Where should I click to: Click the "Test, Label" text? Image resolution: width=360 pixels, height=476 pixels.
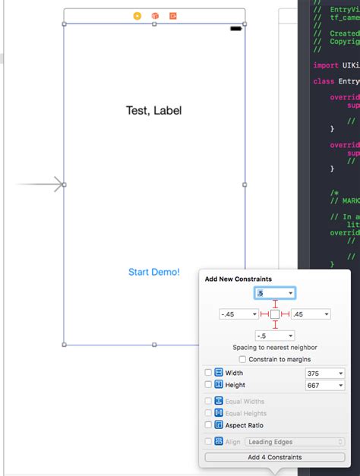pos(153,111)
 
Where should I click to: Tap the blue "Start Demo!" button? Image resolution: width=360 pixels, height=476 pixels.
pos(154,272)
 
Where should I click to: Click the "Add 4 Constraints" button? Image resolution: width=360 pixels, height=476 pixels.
pos(274,457)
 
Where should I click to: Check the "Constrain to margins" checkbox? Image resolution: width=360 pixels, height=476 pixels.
pos(242,359)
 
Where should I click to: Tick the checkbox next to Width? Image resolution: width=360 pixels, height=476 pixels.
pos(208,373)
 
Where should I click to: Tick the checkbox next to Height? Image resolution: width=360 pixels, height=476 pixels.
pos(208,386)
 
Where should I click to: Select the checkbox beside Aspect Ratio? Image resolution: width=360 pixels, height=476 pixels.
pos(208,426)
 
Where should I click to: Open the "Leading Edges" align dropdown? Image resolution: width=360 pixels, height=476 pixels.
pos(294,442)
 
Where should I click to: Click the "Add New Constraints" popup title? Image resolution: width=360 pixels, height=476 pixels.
pos(238,279)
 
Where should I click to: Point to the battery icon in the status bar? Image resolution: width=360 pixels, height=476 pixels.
pos(235,29)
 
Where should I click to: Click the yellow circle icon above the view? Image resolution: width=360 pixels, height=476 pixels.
pos(137,15)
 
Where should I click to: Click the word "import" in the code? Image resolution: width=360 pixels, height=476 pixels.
pos(325,65)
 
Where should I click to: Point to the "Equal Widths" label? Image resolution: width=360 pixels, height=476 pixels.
pos(245,401)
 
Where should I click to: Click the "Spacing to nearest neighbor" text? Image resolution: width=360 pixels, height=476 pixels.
pos(275,347)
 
